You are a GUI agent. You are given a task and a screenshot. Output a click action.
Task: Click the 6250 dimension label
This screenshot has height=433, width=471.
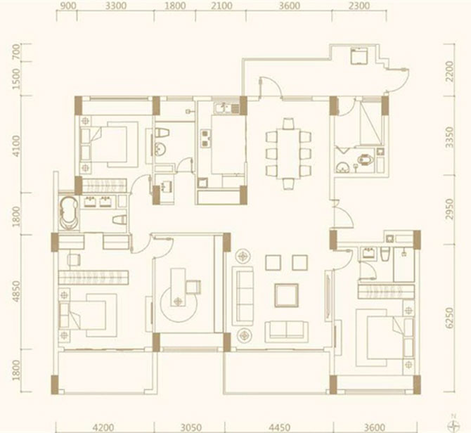(x=450, y=318)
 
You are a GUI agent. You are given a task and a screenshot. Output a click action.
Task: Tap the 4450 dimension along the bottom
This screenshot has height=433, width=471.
(x=280, y=427)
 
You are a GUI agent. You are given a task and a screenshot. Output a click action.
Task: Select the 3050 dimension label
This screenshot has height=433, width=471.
(x=191, y=427)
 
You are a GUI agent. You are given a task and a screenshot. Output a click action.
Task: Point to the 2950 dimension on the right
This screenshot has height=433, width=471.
(x=450, y=209)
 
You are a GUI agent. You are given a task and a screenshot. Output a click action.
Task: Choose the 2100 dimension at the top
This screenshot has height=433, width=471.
(x=221, y=6)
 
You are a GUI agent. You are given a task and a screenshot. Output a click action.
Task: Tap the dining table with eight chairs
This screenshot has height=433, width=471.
(x=288, y=154)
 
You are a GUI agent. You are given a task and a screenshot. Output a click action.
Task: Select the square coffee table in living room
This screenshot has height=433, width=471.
(x=287, y=295)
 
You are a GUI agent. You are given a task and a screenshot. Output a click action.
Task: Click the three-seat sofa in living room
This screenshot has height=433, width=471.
(x=245, y=296)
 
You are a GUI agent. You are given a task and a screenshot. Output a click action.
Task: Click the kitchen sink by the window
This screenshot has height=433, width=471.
(x=223, y=108)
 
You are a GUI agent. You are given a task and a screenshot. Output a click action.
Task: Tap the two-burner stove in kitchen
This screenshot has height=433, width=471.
(x=206, y=138)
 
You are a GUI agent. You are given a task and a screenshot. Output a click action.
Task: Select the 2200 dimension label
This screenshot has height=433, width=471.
(x=450, y=72)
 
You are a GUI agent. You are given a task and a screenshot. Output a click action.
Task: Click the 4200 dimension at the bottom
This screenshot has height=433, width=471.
(x=103, y=427)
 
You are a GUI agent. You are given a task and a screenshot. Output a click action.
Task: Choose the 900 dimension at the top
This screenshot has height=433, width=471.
(x=68, y=6)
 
